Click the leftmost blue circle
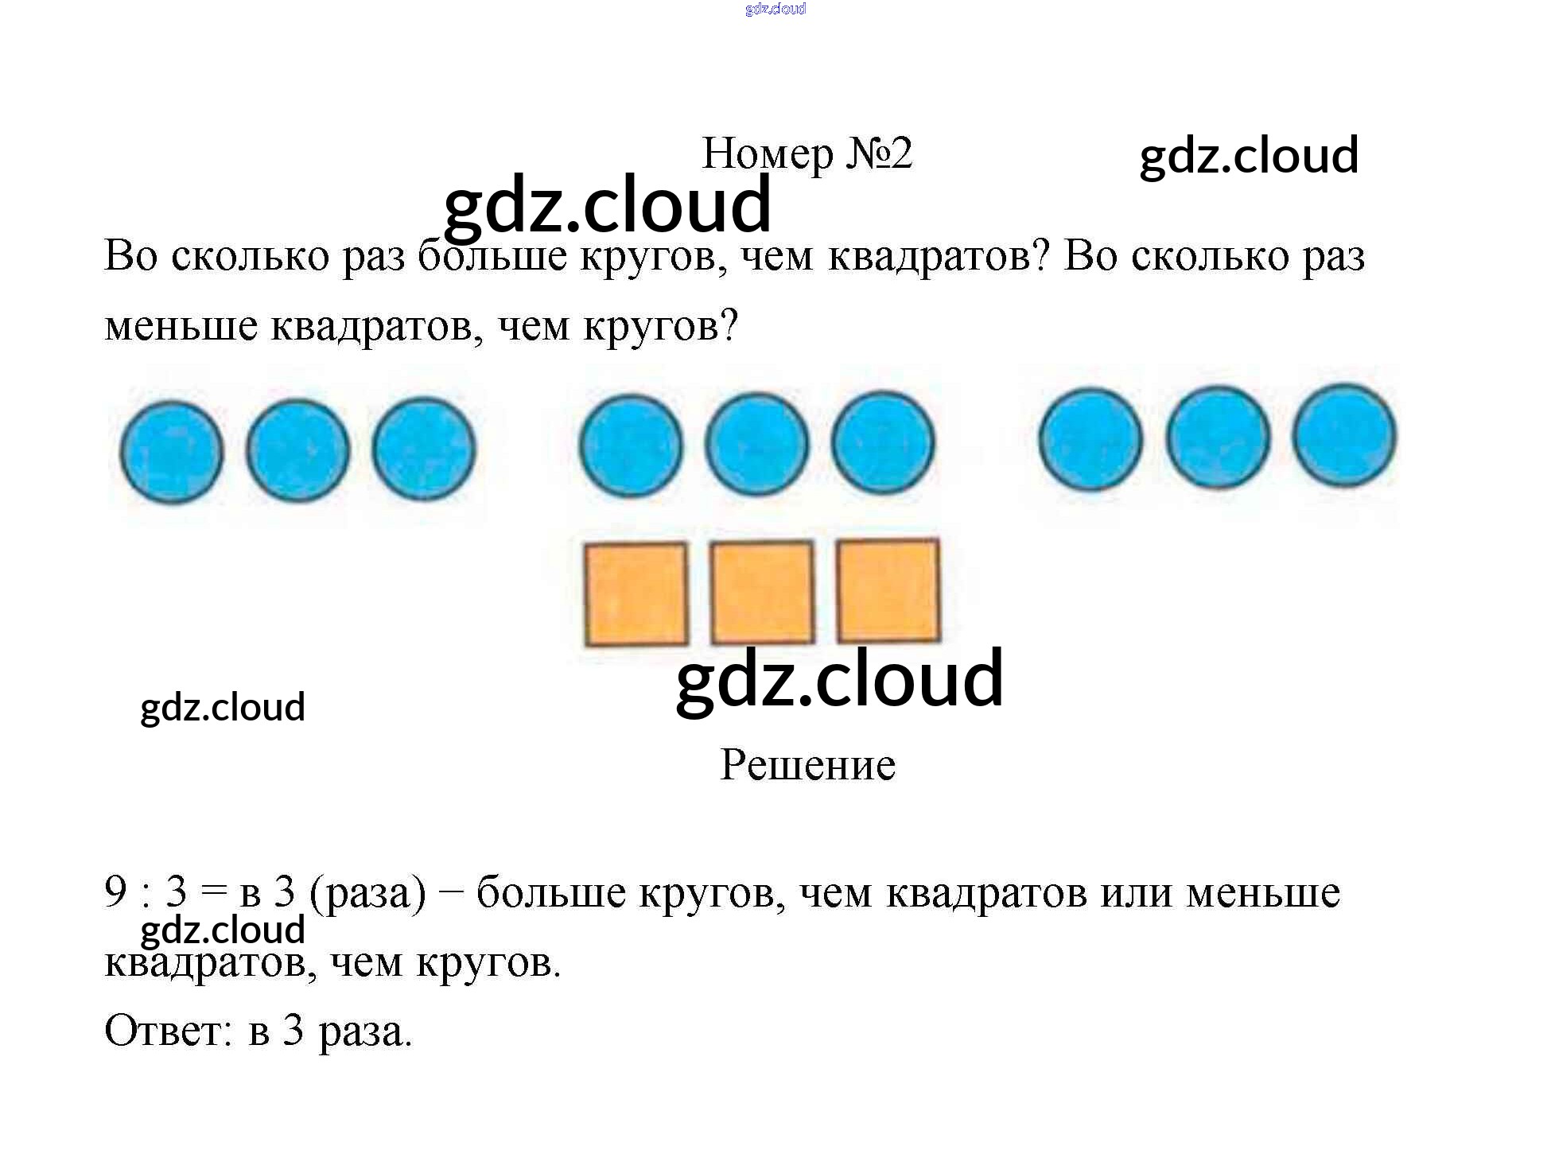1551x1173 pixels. click(x=172, y=452)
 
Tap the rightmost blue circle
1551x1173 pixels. click(x=1344, y=435)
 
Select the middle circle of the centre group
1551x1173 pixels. click(x=756, y=443)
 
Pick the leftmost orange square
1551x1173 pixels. click(x=636, y=593)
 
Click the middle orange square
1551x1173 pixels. click(x=762, y=592)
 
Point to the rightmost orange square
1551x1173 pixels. click(x=888, y=590)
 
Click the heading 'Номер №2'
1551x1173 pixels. click(x=807, y=153)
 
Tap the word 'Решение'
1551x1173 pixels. click(x=807, y=765)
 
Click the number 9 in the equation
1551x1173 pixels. click(x=115, y=891)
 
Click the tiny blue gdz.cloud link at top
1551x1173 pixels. click(x=775, y=9)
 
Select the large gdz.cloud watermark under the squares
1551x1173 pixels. click(x=839, y=678)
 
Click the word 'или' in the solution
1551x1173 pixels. click(x=1136, y=892)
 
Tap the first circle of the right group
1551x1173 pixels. click(x=1090, y=438)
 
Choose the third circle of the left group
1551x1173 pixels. click(x=424, y=449)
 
